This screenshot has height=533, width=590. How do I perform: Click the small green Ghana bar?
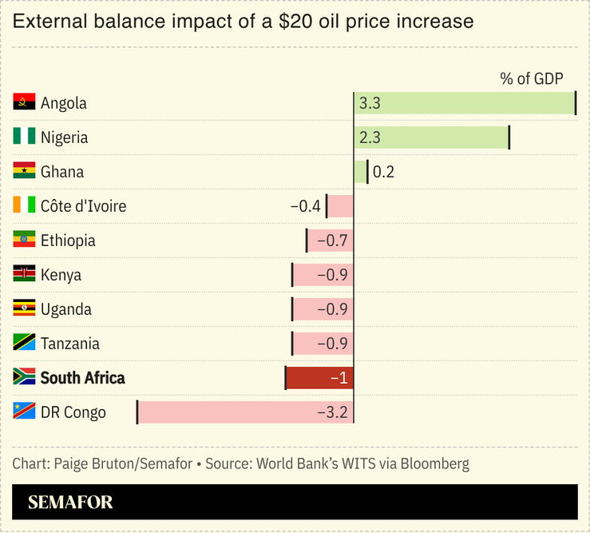360,172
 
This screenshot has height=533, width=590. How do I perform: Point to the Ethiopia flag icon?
24,240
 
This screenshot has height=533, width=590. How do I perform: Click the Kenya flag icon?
24,274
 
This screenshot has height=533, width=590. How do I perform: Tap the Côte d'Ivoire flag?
24,205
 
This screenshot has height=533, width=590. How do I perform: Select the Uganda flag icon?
24,308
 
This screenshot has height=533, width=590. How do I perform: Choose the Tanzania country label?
70,344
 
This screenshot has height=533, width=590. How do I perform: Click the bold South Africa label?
82,378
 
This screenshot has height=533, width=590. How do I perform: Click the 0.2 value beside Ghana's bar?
383,172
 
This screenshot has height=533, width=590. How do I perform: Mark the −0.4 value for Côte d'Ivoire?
305,206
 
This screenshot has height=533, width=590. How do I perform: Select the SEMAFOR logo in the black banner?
70,503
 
